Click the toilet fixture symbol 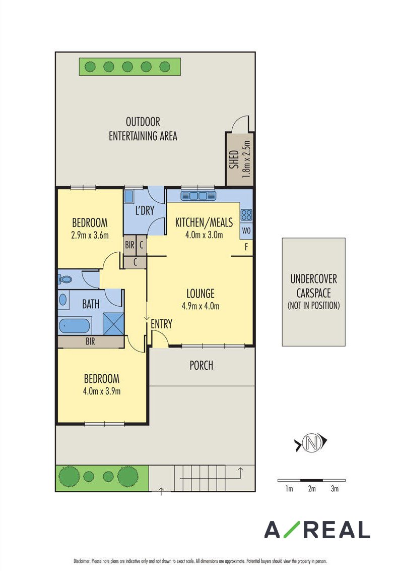(x=65, y=279)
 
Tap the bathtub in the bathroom (x=74, y=326)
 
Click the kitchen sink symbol (x=198, y=196)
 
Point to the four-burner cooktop (x=246, y=215)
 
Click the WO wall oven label (x=246, y=231)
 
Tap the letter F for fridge (x=246, y=247)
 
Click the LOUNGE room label (x=201, y=294)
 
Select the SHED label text (x=235, y=159)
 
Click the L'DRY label (x=145, y=210)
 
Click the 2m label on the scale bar (x=312, y=489)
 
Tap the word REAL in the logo (x=337, y=530)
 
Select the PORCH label (x=201, y=365)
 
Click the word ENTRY (x=161, y=324)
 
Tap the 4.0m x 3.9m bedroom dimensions (x=101, y=391)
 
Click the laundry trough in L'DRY (x=129, y=196)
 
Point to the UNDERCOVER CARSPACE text (x=313, y=286)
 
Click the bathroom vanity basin (x=63, y=300)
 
